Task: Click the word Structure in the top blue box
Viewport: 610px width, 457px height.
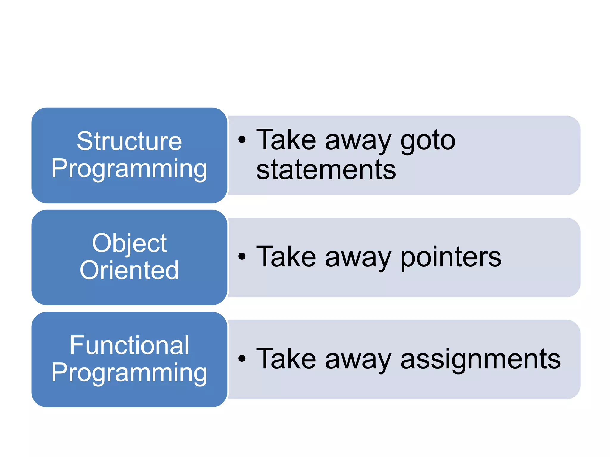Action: pos(129,141)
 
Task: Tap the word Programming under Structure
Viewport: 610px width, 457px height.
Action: pos(129,168)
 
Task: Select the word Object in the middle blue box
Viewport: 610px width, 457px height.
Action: pos(129,243)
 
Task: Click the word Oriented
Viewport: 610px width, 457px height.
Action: pos(129,270)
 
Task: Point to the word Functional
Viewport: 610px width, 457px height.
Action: pos(129,345)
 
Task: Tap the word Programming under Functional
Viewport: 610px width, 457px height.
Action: pos(129,373)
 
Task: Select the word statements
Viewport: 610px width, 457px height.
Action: pos(326,170)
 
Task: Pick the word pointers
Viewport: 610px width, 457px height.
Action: pos(451,257)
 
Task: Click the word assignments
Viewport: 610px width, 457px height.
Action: pos(480,359)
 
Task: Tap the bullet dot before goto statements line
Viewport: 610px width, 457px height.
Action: pos(242,139)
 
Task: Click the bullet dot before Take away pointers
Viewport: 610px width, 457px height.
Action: pos(242,256)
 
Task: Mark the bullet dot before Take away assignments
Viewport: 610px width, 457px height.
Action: pos(242,359)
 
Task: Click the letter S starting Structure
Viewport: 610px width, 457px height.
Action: pos(85,141)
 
